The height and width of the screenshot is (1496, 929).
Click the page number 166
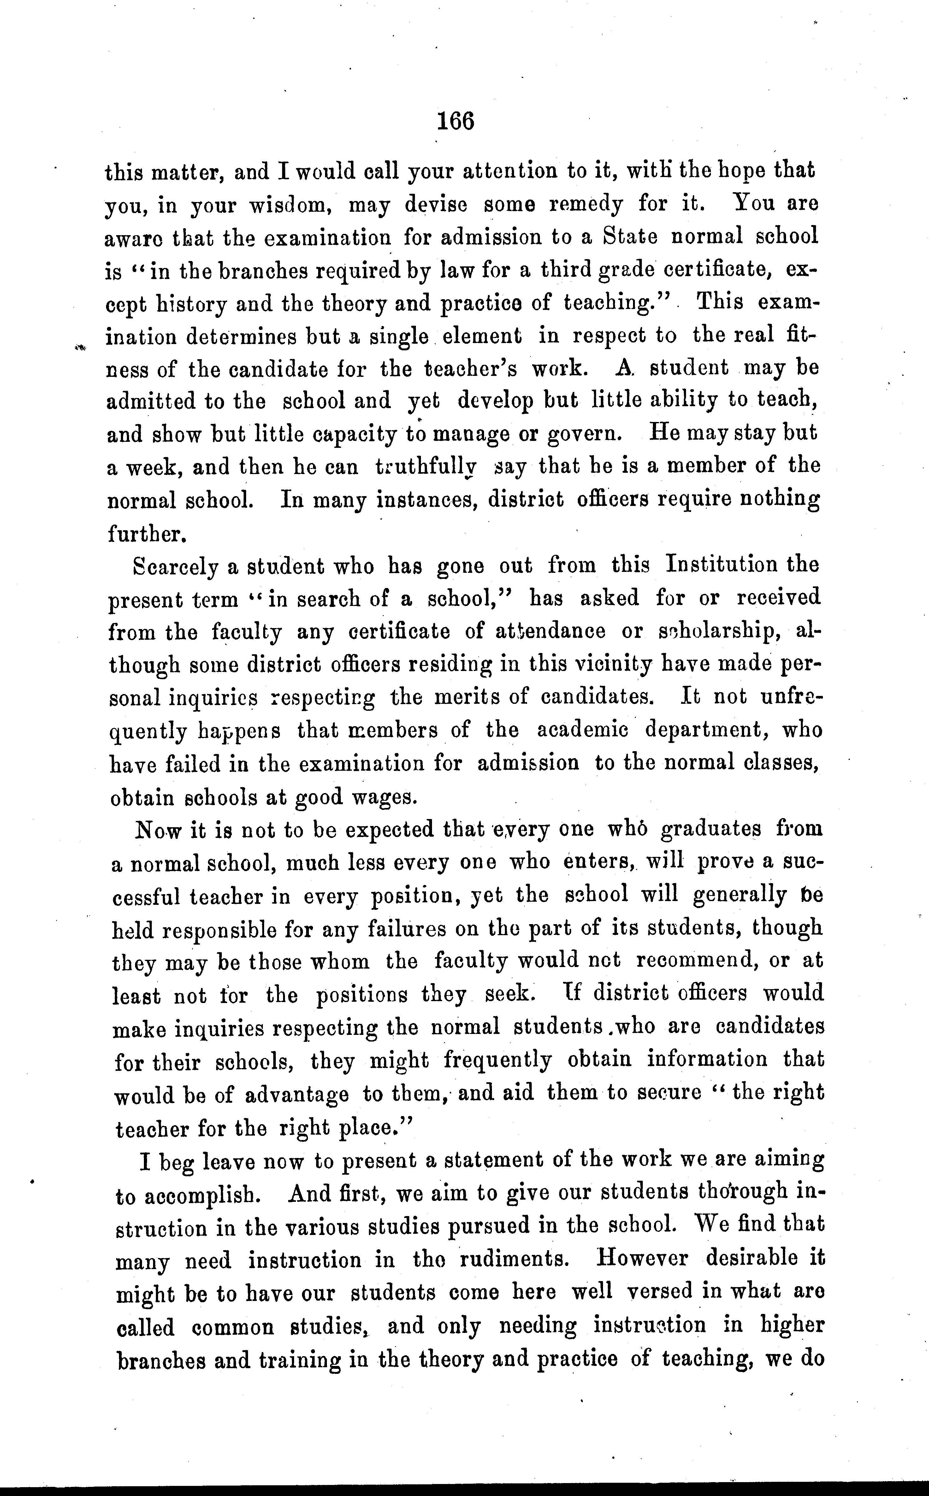(x=455, y=121)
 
